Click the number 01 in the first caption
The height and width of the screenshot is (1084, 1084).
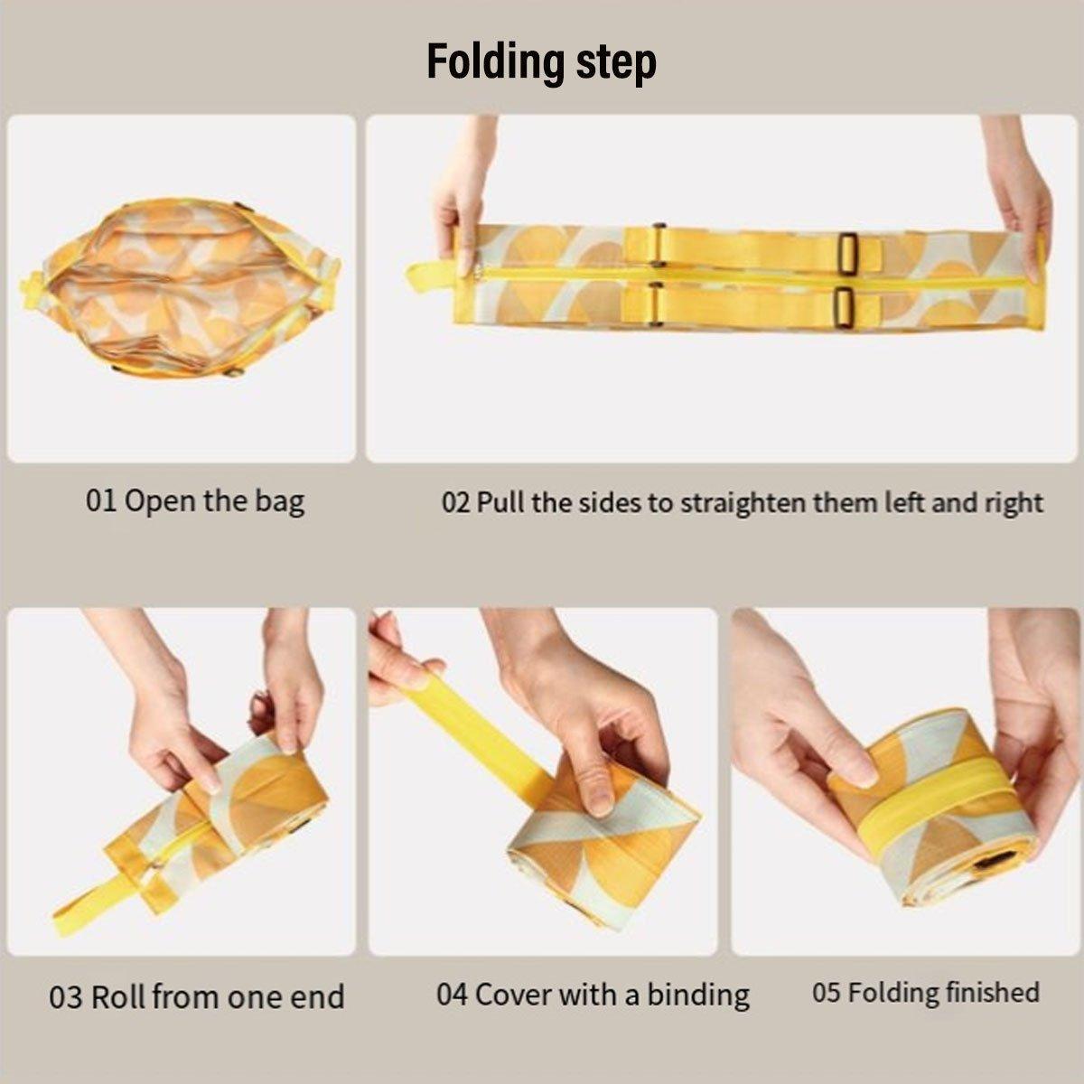pos(101,500)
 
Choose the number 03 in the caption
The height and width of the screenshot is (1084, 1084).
pos(65,998)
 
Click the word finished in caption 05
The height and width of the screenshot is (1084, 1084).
pos(990,993)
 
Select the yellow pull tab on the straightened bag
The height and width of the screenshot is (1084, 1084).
pos(430,276)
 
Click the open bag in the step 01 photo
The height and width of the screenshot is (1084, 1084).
pos(181,286)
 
